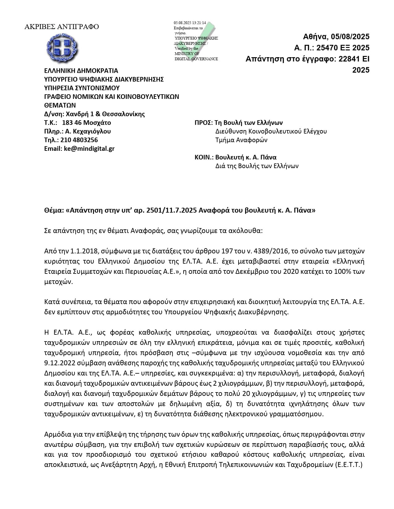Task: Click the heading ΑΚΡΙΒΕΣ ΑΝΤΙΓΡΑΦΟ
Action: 61,27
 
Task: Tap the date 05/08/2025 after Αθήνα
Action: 350,37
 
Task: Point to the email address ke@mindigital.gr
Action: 89,149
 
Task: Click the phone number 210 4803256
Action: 79,140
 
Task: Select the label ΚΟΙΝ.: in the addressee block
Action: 204,157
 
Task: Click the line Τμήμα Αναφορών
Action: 241,140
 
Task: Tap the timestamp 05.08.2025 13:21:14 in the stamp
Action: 190,23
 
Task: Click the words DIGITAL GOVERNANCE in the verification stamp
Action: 196,59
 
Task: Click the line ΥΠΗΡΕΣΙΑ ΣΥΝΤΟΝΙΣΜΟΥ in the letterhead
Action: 82,88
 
